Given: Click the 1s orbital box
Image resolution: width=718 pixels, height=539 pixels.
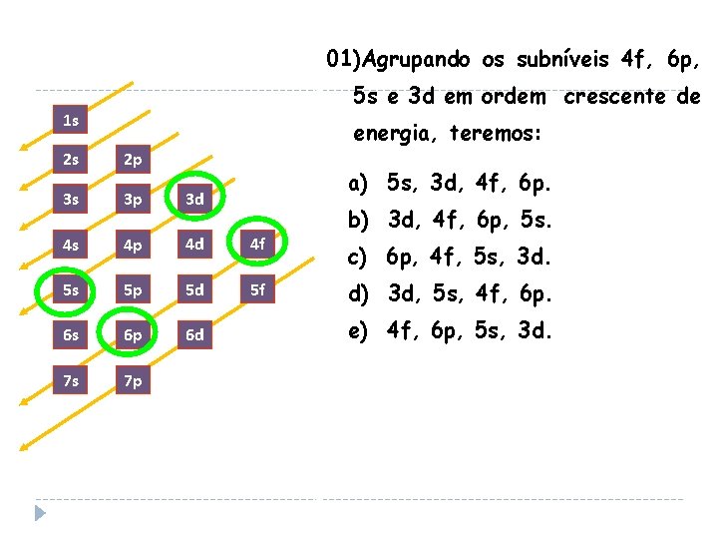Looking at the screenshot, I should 71,122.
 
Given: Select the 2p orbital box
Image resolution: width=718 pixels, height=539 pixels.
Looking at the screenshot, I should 133,160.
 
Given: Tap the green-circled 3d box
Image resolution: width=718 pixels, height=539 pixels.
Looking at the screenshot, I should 195,199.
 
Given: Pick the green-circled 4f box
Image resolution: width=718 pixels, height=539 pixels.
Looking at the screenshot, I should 257,242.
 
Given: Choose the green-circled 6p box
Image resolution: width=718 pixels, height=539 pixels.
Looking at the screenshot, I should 133,334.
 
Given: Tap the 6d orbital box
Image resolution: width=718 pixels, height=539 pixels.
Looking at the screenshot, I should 195,334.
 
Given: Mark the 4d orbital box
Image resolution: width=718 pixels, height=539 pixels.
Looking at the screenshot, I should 195,242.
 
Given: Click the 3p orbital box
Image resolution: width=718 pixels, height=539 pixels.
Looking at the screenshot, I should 133,199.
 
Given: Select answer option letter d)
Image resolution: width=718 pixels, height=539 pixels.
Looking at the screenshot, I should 358,294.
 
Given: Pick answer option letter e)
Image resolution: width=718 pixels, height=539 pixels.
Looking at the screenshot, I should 358,331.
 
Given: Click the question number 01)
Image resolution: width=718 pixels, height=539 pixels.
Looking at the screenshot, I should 344,60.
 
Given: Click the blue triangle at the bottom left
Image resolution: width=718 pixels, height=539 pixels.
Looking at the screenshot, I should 40,513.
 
